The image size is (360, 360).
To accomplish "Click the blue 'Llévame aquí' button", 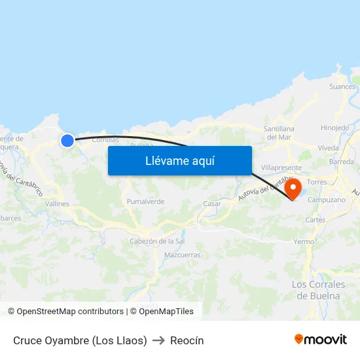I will (179, 160).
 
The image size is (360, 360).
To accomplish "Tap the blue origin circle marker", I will (67, 141).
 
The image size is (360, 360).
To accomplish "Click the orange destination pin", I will (293, 188).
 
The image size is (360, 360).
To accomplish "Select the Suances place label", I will (342, 86).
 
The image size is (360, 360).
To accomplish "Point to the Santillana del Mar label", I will (279, 133).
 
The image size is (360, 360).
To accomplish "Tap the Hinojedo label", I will (334, 128).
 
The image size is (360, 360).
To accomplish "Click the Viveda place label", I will (328, 149).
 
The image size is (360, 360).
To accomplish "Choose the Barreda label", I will (342, 162).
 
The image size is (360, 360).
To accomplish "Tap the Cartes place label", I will (315, 220).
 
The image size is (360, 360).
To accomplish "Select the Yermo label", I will (304, 242).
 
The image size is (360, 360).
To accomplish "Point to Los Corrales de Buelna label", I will (318, 289).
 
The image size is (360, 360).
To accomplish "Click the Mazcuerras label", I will (183, 255).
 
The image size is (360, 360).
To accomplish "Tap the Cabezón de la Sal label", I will (157, 241).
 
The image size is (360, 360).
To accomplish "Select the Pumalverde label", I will (145, 202).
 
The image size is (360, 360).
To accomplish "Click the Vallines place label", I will (57, 204).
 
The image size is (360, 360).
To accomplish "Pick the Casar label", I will (212, 204).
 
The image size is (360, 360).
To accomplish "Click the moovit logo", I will (321, 340).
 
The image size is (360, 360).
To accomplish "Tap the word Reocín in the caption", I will (187, 340).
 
